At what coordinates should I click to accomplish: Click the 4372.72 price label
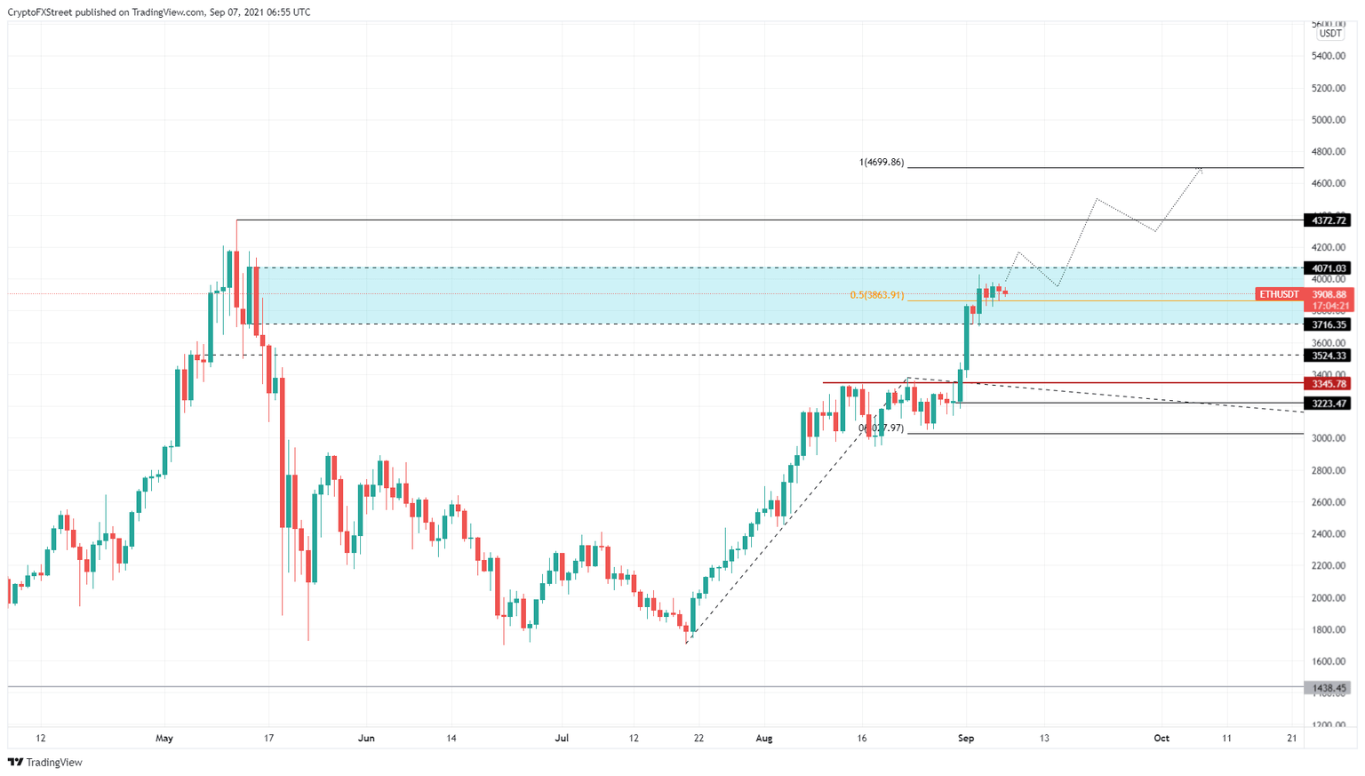1329,220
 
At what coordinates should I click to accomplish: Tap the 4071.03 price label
1329,268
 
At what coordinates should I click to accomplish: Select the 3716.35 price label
1329,325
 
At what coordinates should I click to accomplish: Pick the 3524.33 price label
1329,356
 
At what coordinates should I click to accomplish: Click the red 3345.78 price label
1329,384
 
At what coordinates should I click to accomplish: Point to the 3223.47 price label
1329,404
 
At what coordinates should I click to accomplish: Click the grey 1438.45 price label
1329,688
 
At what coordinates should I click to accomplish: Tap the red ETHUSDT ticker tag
1279,294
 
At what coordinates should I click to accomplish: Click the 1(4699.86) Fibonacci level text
881,163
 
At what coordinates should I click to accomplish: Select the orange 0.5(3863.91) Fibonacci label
876,295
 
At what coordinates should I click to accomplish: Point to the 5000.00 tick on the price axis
1329,120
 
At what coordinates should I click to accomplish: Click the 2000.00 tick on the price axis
1329,598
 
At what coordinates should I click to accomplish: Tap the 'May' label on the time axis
164,738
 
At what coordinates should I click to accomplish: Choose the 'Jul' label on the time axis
562,738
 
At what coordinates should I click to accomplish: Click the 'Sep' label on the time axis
966,738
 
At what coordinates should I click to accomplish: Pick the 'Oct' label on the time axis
1161,738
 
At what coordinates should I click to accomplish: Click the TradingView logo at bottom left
45,762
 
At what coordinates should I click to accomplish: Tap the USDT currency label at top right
1329,34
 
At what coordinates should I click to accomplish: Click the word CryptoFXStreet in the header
41,12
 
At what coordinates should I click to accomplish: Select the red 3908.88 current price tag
1329,294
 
